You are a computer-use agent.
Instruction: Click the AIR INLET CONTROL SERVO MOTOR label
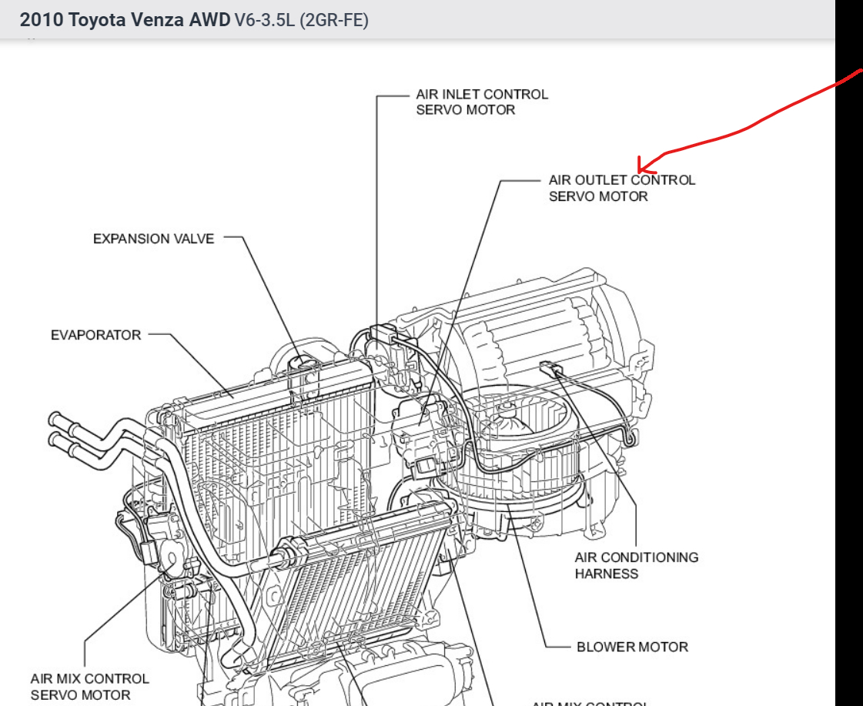482,102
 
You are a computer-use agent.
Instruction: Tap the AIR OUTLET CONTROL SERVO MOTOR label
621,188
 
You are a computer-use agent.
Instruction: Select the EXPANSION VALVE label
153,239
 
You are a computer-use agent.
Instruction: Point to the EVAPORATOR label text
96,335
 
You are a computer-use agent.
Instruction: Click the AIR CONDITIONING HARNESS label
636,565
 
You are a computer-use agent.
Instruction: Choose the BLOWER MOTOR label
632,647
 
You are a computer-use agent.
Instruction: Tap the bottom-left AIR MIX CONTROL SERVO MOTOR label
89,687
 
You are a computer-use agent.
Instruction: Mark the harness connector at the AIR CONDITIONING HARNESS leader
548,368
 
